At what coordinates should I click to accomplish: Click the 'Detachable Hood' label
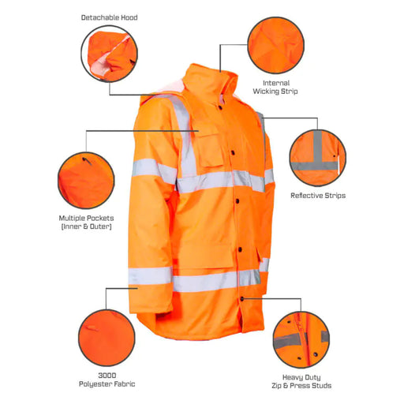tap(109, 17)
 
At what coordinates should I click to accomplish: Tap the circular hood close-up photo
tap(109, 54)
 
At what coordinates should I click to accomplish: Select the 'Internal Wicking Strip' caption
tap(275, 87)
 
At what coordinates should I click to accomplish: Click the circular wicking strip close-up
tap(276, 45)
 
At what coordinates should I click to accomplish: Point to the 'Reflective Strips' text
tap(318, 196)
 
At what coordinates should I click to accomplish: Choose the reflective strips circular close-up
tap(318, 158)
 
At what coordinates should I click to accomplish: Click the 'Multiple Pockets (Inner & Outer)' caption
tap(86, 223)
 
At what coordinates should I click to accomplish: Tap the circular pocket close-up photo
tap(86, 181)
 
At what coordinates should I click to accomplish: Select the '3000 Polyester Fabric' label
tap(107, 380)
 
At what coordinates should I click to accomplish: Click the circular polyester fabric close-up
tap(107, 338)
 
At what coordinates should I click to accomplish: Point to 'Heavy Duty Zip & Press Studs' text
tap(301, 381)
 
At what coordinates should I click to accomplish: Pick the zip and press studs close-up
tap(301, 339)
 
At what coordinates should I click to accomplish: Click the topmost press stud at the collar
tap(220, 107)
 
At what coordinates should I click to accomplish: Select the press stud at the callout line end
tap(242, 298)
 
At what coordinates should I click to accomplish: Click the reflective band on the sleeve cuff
tap(150, 276)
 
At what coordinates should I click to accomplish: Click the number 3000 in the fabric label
tap(107, 376)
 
